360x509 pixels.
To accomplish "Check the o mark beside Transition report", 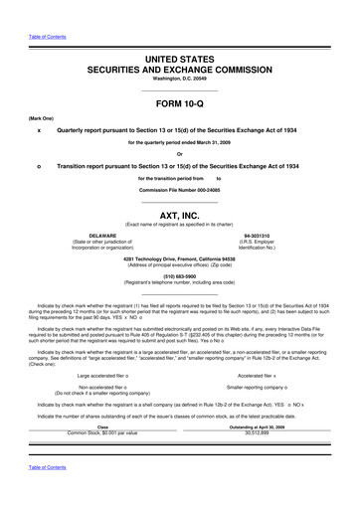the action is point(38,165).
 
